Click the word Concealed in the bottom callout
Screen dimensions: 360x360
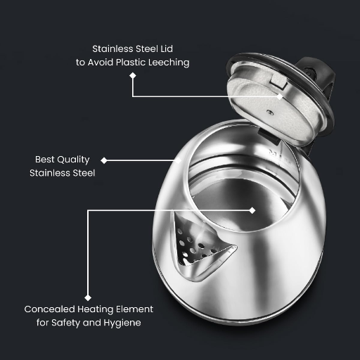51,309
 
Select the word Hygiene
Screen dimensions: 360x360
123,322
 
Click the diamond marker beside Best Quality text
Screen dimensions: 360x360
105,160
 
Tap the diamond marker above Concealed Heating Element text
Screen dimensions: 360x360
88,297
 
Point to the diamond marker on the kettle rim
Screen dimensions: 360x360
183,160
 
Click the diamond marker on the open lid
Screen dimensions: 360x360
281,96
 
